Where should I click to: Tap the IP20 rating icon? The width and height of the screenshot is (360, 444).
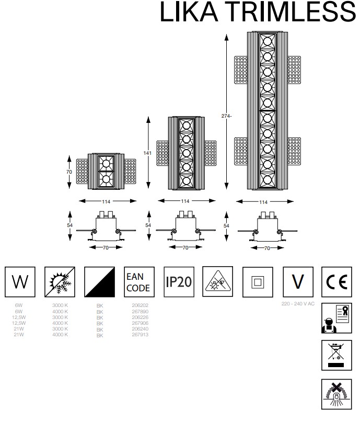pos(178,282)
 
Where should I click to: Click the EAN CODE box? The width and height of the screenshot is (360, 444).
pos(138,282)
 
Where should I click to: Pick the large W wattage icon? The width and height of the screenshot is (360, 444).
pos(20,282)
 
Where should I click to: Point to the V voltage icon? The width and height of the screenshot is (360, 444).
pos(297,282)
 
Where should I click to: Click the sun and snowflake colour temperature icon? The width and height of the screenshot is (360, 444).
pos(60,282)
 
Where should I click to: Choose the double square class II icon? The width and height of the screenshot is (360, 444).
pos(257,282)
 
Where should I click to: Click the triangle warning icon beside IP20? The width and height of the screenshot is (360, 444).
pos(217,282)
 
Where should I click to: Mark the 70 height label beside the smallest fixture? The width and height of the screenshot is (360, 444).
pos(68,171)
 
